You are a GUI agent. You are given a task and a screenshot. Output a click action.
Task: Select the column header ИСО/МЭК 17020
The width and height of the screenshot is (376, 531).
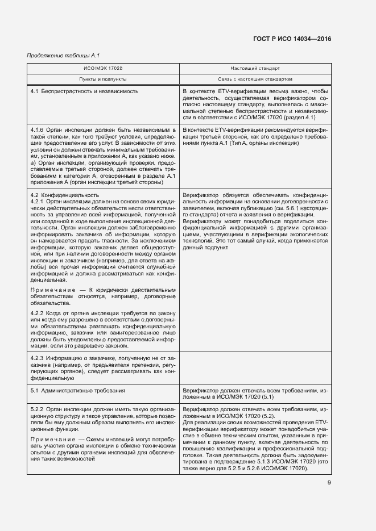click(104, 68)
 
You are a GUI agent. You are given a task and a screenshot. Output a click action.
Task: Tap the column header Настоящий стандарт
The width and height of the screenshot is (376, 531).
click(255, 68)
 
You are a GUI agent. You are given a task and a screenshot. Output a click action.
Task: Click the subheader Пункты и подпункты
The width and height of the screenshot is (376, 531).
click(104, 79)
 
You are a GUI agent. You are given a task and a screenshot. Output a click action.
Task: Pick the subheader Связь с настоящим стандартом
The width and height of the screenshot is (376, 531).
click(255, 79)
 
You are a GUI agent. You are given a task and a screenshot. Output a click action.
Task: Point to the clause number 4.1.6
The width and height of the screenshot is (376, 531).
click(37, 130)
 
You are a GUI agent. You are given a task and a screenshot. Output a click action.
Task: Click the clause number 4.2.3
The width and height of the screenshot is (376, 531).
click(37, 358)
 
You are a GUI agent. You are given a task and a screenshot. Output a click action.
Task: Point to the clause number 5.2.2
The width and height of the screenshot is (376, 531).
click(37, 408)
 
